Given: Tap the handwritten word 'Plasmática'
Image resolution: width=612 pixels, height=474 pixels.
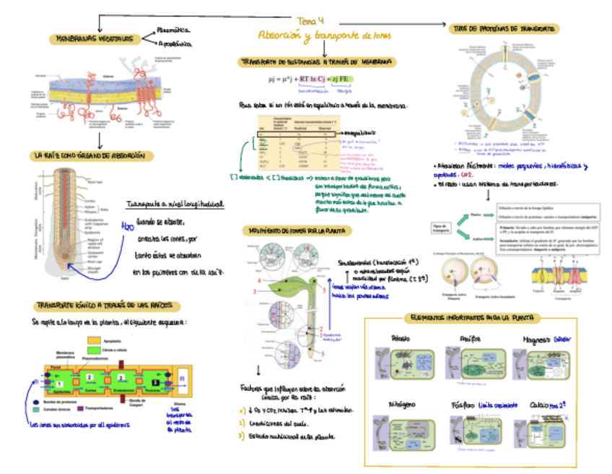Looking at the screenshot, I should (x=173, y=30).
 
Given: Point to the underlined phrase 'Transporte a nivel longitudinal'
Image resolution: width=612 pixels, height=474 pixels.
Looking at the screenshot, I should (x=175, y=204).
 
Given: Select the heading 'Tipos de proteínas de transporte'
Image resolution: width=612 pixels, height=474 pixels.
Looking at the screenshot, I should (x=504, y=28).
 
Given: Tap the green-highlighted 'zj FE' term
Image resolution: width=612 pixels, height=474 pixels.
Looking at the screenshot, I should (x=343, y=79).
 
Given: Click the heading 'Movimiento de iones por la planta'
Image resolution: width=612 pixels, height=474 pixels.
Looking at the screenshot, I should (x=296, y=231).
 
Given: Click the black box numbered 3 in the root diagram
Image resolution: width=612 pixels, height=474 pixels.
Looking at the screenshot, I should (x=154, y=379).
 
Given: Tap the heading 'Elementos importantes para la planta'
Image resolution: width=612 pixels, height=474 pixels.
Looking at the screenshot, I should (x=468, y=319).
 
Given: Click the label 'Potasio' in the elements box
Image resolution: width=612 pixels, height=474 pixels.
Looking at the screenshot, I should (x=401, y=340).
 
